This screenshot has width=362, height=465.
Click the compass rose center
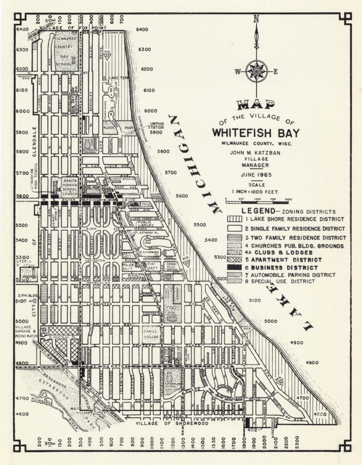pos(256,71)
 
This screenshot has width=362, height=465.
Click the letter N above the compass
pos(256,19)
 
